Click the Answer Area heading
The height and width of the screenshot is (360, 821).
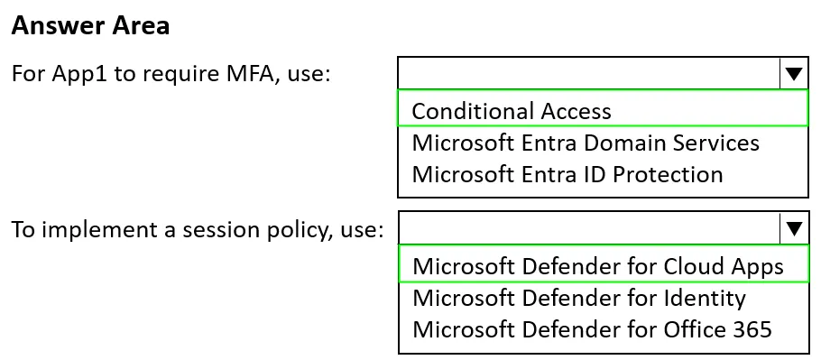click(90, 25)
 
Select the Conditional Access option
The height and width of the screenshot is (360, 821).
click(512, 111)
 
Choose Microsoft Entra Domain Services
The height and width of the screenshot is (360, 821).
click(586, 143)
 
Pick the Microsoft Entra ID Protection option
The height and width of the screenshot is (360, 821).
click(567, 174)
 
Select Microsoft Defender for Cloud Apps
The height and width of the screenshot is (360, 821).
click(598, 266)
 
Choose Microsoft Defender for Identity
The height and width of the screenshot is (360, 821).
click(579, 298)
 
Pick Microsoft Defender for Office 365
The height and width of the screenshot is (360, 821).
click(592, 329)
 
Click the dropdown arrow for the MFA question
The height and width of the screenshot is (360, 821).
click(794, 74)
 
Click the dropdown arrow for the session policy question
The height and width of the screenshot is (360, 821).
click(794, 228)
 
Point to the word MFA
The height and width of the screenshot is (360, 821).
click(250, 73)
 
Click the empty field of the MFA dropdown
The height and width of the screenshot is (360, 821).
click(589, 73)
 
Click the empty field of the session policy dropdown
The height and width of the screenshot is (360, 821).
click(589, 228)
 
